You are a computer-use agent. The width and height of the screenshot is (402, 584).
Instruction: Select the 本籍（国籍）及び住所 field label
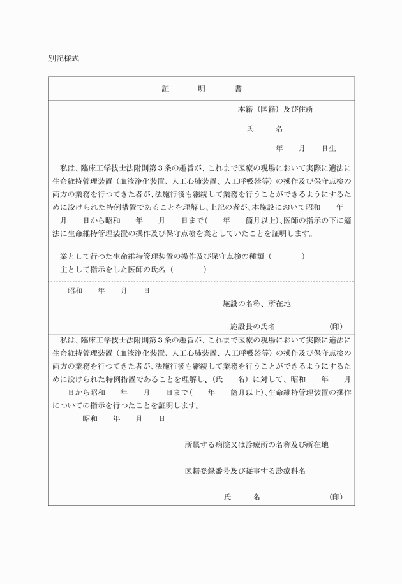coord(275,109)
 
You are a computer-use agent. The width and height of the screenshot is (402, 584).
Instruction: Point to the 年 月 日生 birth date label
coord(306,148)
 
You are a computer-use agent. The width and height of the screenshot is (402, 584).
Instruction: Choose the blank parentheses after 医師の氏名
coord(188,269)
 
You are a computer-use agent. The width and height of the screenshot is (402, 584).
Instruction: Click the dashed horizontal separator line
coord(202,281)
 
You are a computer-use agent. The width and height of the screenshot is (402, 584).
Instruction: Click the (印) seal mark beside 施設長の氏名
coord(336,326)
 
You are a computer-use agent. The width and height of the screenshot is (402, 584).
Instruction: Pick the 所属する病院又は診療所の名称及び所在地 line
coord(257,444)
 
